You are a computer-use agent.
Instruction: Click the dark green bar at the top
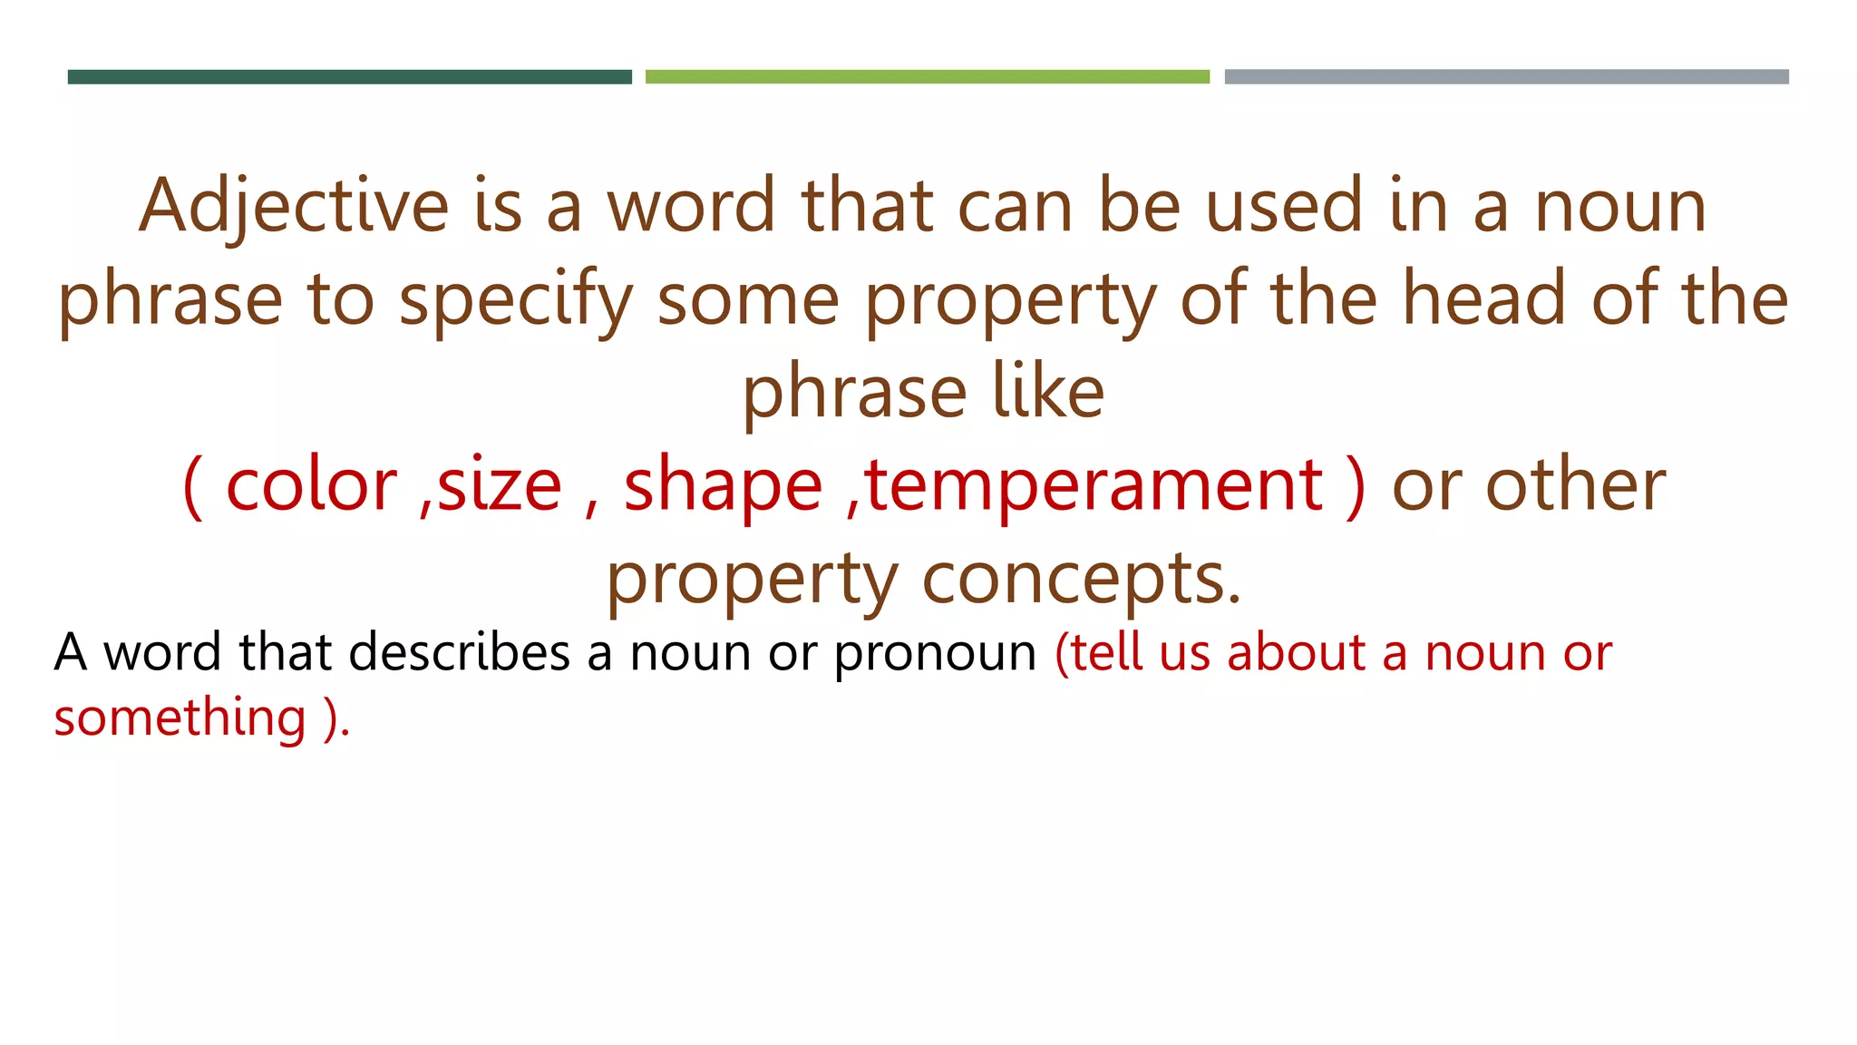tap(349, 77)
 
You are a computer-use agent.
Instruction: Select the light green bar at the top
tap(927, 77)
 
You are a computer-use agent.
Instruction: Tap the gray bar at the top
tap(1506, 77)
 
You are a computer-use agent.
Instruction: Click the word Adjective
tap(294, 207)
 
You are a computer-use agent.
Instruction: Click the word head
tap(1484, 299)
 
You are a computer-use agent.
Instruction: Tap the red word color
tap(311, 485)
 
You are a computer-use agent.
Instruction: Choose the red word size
tap(500, 485)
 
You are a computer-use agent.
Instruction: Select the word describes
tap(459, 652)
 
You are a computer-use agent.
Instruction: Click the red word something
tap(180, 718)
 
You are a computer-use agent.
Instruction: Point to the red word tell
tap(1105, 652)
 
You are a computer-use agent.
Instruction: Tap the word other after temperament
tap(1575, 485)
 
